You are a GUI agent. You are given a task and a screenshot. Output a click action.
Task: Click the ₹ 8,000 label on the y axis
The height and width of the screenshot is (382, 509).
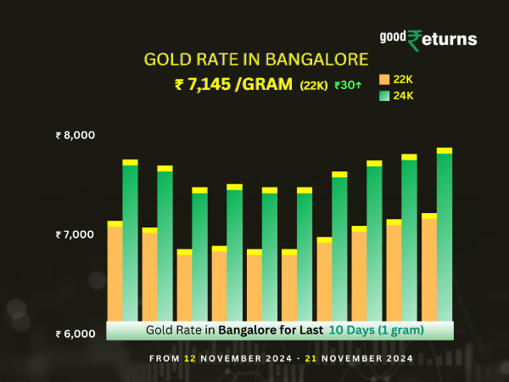click(x=76, y=135)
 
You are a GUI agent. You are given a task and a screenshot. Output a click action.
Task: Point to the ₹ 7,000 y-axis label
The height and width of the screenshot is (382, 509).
click(x=76, y=234)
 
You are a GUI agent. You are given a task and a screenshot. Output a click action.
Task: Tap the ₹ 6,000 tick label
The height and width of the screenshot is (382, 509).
click(x=76, y=334)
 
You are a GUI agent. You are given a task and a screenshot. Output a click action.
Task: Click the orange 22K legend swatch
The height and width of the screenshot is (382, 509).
click(x=384, y=80)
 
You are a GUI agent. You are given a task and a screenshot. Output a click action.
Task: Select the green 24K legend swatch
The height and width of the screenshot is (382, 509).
click(x=384, y=96)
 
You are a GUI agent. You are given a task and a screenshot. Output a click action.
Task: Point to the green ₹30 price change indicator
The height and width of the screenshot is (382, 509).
click(x=348, y=85)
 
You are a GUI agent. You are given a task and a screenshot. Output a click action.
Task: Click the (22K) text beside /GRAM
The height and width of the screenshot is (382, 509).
click(x=314, y=85)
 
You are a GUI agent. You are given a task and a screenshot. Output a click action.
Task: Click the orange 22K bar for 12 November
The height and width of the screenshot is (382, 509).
click(x=115, y=272)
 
